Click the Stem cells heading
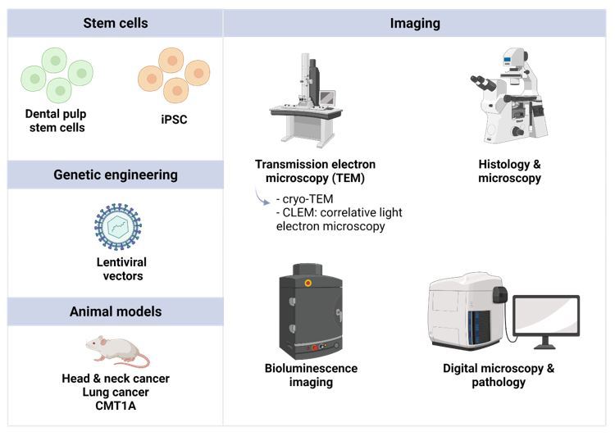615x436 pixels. point(116,23)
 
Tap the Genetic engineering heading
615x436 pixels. point(116,175)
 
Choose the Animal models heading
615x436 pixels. point(116,311)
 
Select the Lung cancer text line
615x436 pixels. point(116,393)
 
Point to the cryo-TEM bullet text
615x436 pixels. point(306,199)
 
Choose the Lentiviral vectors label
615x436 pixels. point(116,270)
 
